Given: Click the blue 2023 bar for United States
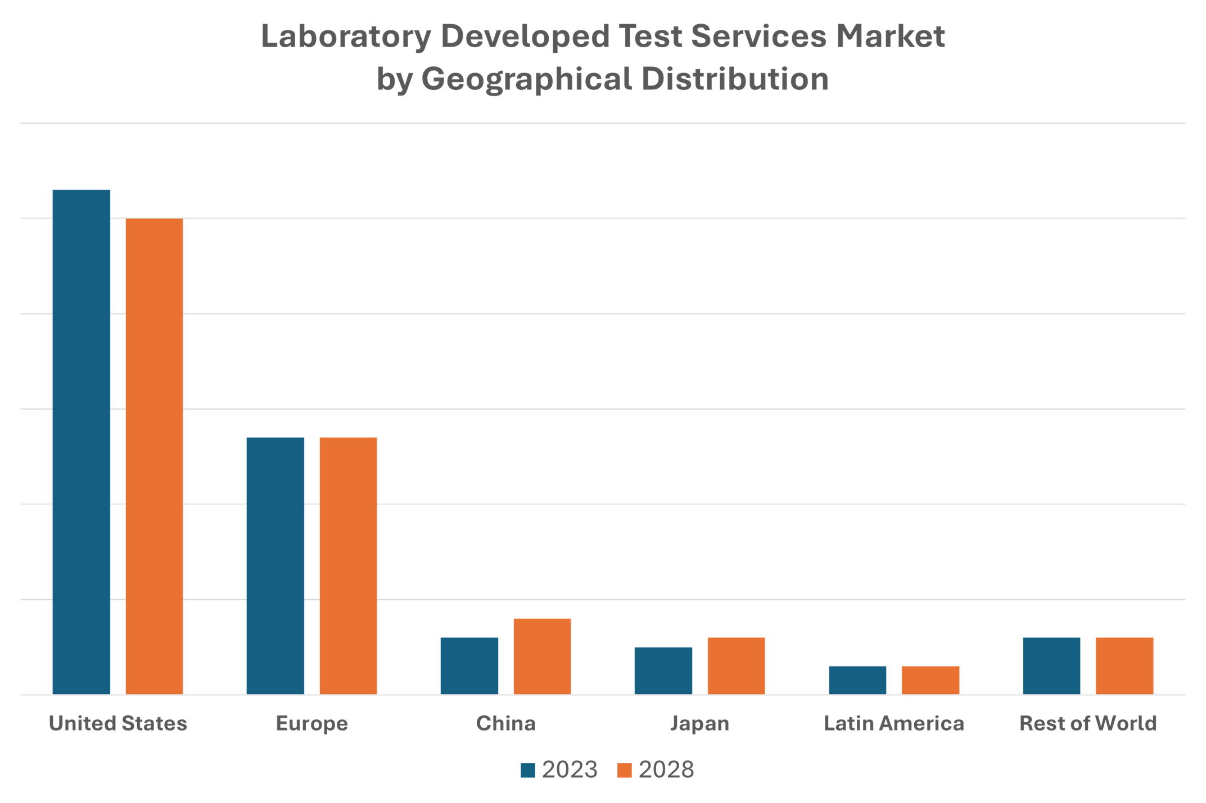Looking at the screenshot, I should pyautogui.click(x=82, y=442).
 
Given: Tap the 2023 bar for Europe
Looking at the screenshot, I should pyautogui.click(x=275, y=565).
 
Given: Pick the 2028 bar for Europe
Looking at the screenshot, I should pyautogui.click(x=348, y=565).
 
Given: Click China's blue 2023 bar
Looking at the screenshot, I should pyautogui.click(x=469, y=665).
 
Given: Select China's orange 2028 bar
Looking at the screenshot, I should pyautogui.click(x=542, y=656).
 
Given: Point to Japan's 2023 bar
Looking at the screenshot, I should pyautogui.click(x=663, y=670).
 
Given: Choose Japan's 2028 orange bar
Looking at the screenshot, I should pyautogui.click(x=736, y=665).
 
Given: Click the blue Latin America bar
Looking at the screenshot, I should pyautogui.click(x=857, y=680).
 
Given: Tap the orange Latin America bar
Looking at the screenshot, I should pyautogui.click(x=930, y=680).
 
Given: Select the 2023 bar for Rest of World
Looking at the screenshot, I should pyautogui.click(x=1051, y=665).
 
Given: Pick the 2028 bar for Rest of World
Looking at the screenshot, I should pyautogui.click(x=1124, y=665).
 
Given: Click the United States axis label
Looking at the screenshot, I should pyautogui.click(x=118, y=723).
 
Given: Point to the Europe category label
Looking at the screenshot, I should pyautogui.click(x=311, y=723).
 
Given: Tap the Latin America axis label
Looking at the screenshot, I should pyautogui.click(x=893, y=723).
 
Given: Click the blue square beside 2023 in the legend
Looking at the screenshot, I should pyautogui.click(x=527, y=770).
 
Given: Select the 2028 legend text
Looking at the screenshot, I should pyautogui.click(x=666, y=769).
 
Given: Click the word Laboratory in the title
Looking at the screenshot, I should pyautogui.click(x=345, y=37).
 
